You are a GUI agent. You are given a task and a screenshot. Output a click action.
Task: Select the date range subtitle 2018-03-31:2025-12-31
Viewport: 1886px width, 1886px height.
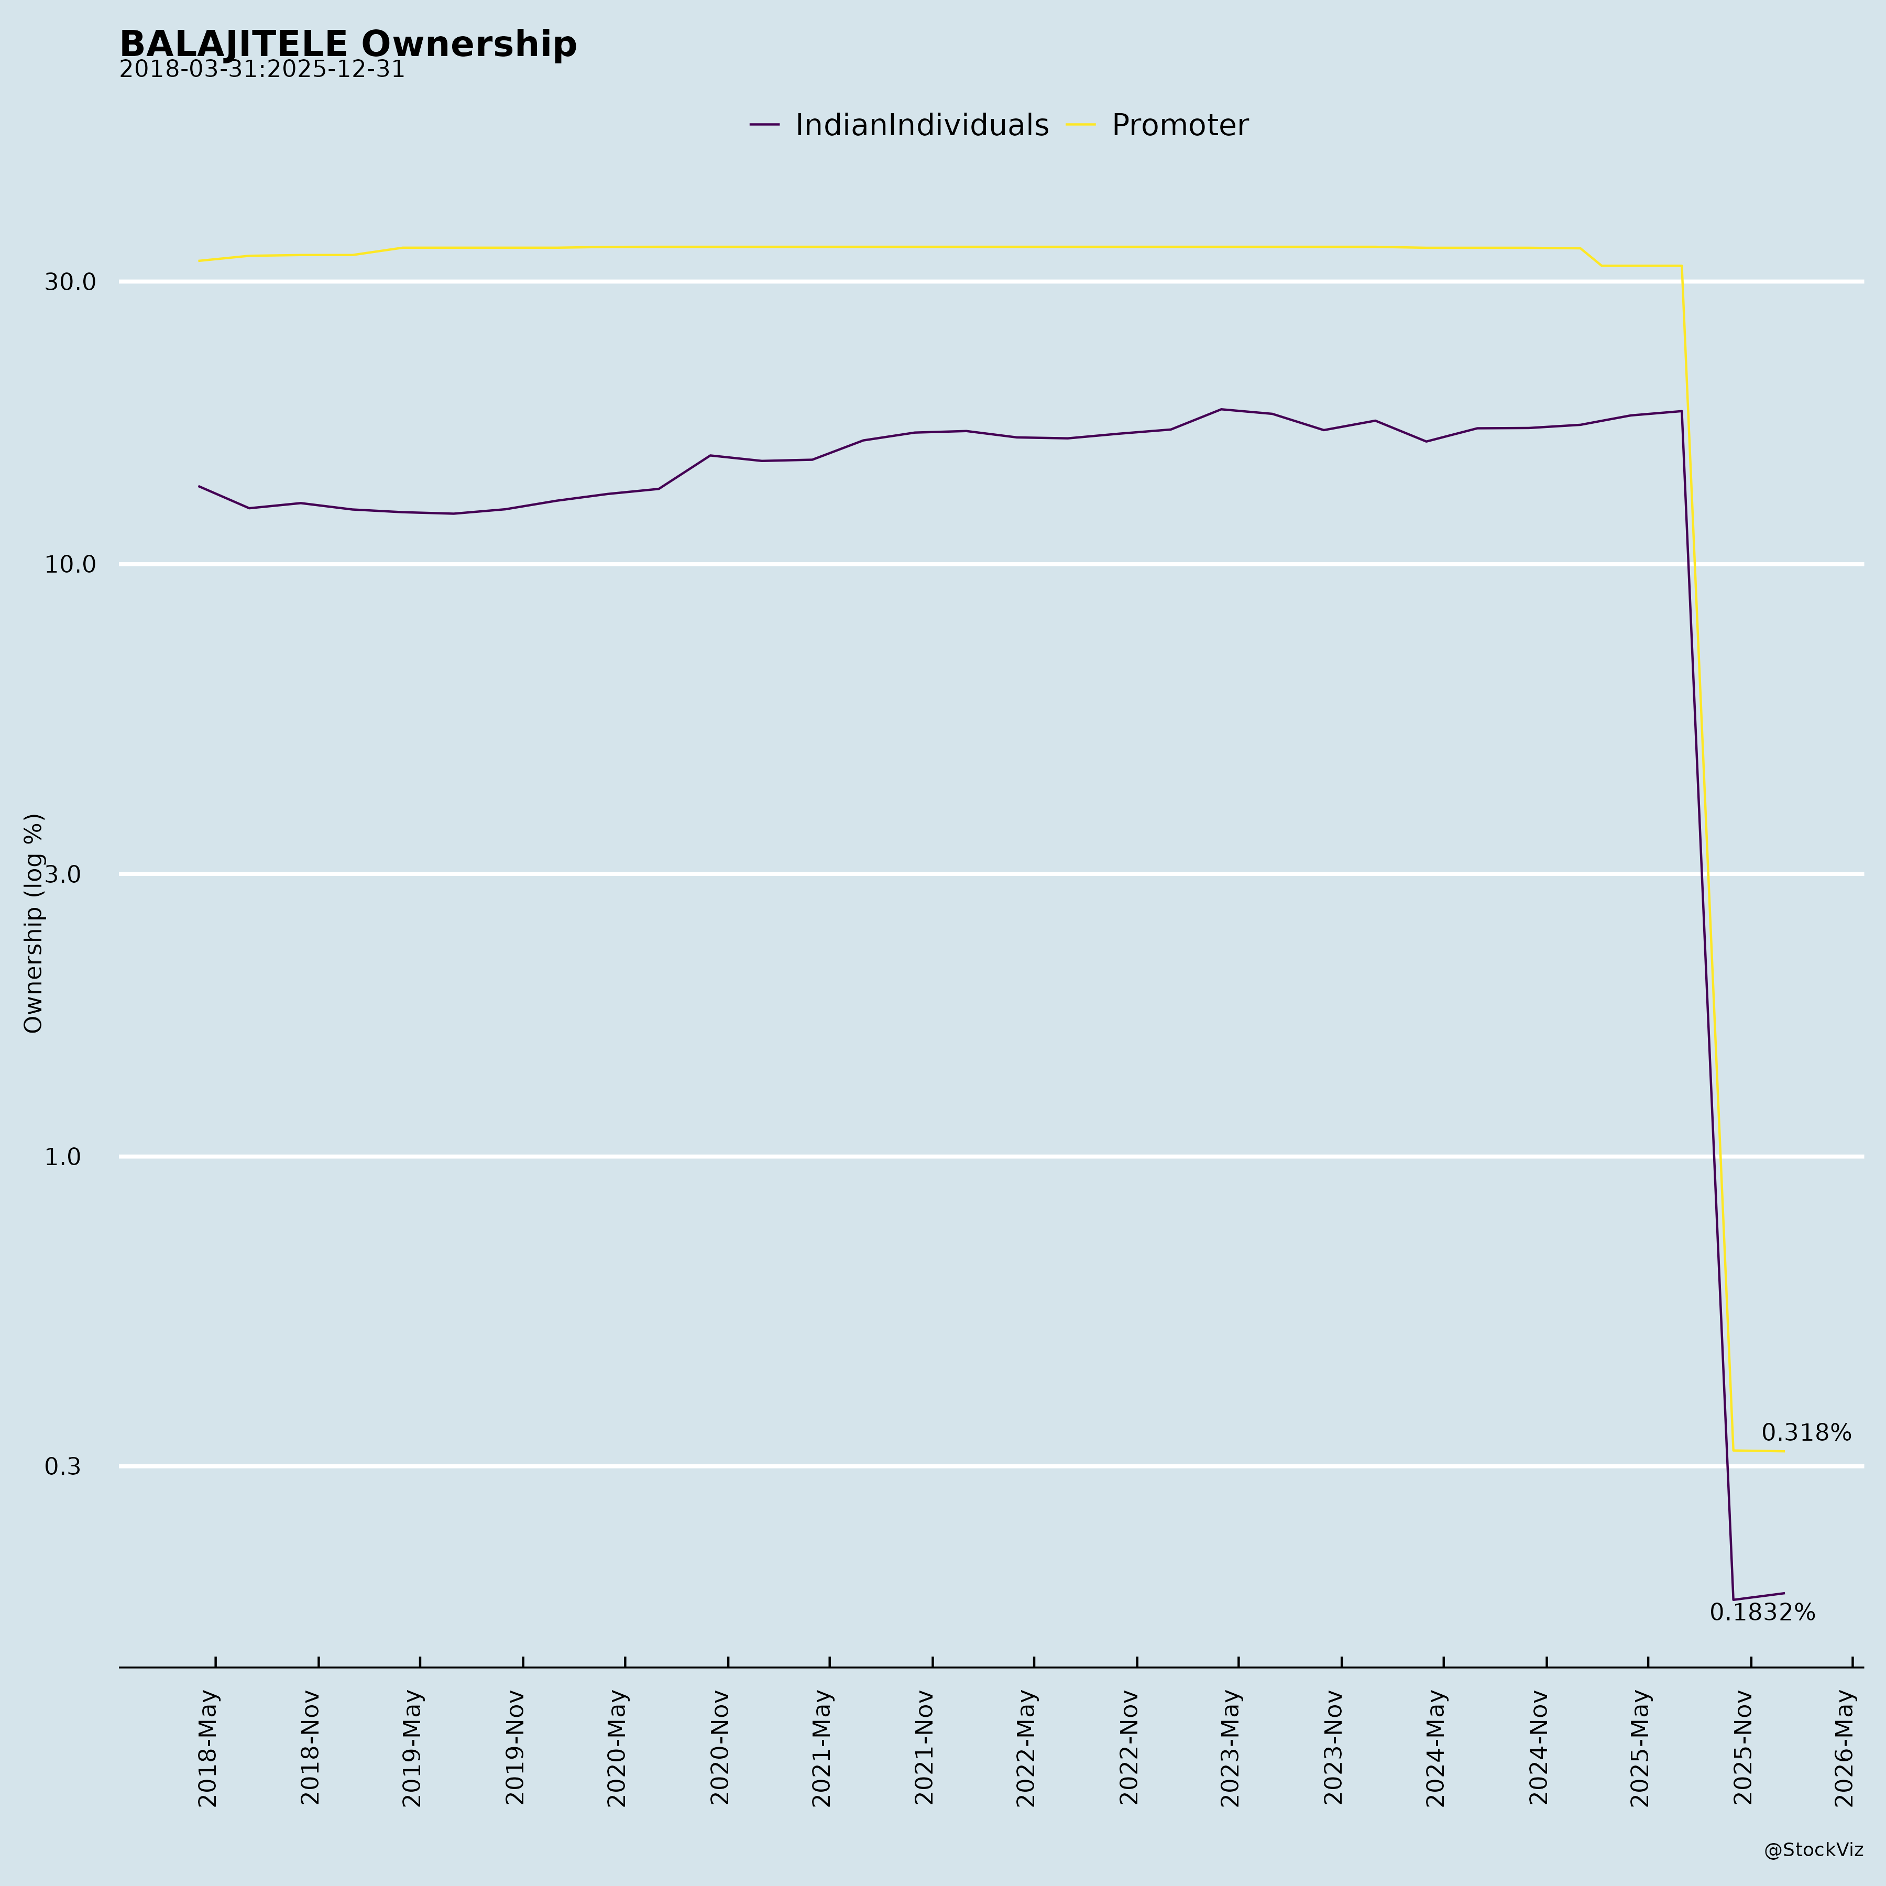(261, 70)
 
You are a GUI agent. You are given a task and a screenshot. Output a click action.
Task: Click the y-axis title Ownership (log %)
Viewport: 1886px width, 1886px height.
(34, 923)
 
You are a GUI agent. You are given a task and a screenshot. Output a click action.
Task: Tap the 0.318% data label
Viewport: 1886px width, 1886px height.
(1806, 1433)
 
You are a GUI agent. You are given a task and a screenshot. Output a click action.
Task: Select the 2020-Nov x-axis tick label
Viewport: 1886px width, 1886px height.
(720, 1747)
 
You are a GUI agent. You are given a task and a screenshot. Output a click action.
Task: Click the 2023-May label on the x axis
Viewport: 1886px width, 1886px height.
(1231, 1747)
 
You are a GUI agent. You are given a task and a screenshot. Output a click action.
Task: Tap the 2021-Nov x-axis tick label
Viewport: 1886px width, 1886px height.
(925, 1747)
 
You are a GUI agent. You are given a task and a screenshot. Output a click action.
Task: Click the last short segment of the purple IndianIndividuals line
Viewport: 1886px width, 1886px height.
(1759, 1596)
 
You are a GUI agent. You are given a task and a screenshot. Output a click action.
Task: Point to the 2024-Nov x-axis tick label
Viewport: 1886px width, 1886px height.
(1539, 1747)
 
